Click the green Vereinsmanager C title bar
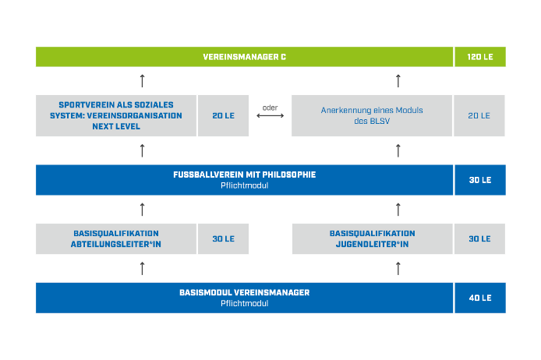244,57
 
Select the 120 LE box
480,57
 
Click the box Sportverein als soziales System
116,115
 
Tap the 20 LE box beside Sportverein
223,115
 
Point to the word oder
270,108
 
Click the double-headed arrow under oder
270,115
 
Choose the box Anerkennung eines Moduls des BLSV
372,115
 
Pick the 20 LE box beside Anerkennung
479,115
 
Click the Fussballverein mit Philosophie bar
244,180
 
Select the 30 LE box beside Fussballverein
480,180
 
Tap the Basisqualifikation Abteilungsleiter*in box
116,239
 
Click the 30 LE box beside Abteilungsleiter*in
223,239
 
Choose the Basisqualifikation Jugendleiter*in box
373,239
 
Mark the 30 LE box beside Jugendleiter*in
479,239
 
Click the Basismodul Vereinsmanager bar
244,298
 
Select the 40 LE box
480,298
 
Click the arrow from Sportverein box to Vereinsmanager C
142,81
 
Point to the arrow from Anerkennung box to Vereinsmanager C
398,81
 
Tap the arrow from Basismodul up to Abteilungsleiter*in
142,268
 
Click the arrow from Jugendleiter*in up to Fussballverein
398,210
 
